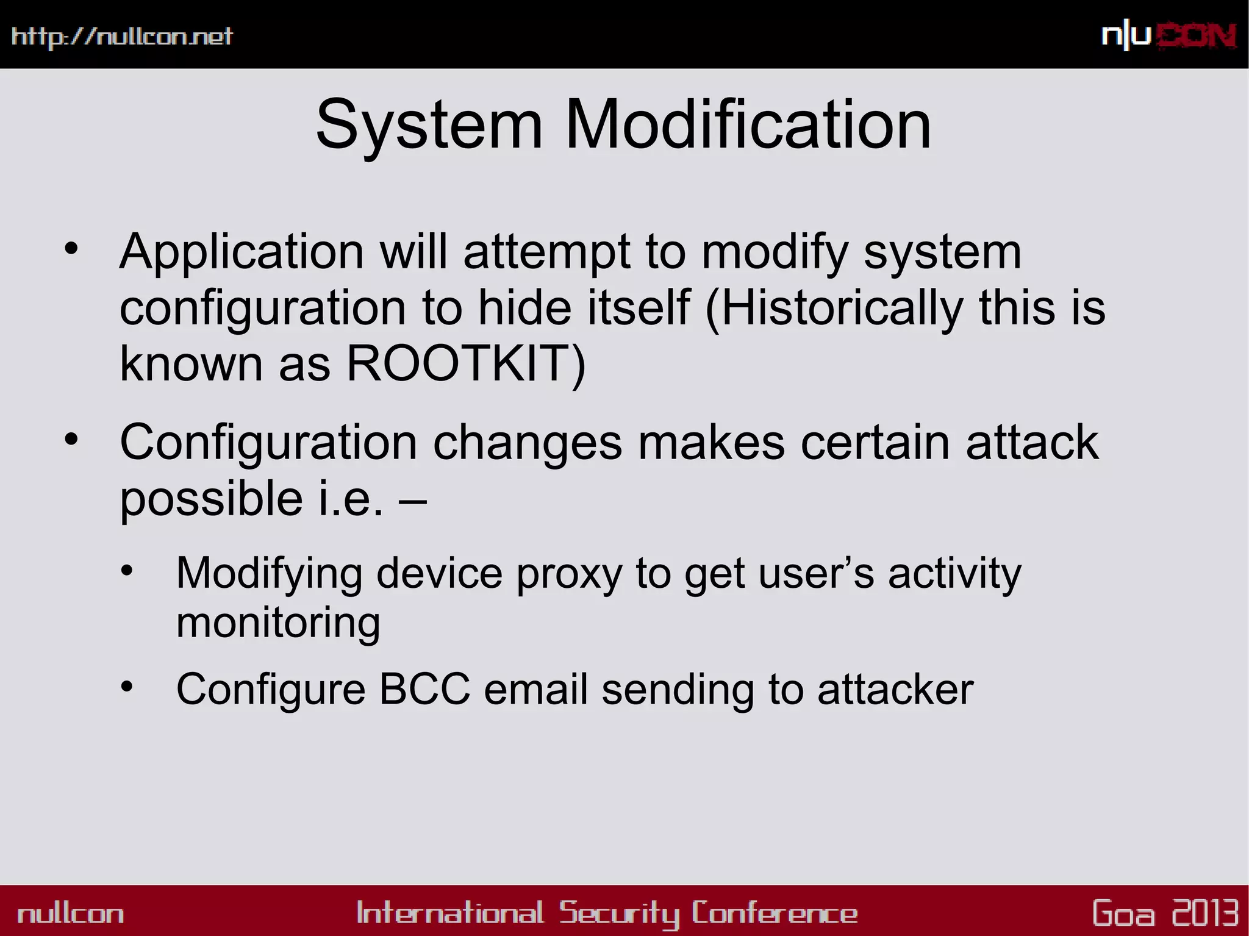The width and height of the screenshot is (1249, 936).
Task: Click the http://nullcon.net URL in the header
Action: coord(122,37)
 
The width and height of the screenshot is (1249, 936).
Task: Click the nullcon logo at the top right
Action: coord(1168,36)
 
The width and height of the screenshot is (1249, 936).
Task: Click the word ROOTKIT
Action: coord(465,363)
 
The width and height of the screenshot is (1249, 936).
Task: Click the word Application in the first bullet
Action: coord(242,252)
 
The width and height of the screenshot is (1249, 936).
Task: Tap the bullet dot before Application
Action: coord(71,248)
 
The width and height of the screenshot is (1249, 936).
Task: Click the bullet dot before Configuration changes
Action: coord(71,439)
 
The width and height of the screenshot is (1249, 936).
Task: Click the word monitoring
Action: coord(278,623)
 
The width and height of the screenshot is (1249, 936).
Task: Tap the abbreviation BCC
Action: coord(424,690)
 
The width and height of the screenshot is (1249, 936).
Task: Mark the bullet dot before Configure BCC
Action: coord(126,687)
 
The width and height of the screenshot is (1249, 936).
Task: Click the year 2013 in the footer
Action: coord(1205,913)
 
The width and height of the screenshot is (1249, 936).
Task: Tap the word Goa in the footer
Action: coord(1123,913)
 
